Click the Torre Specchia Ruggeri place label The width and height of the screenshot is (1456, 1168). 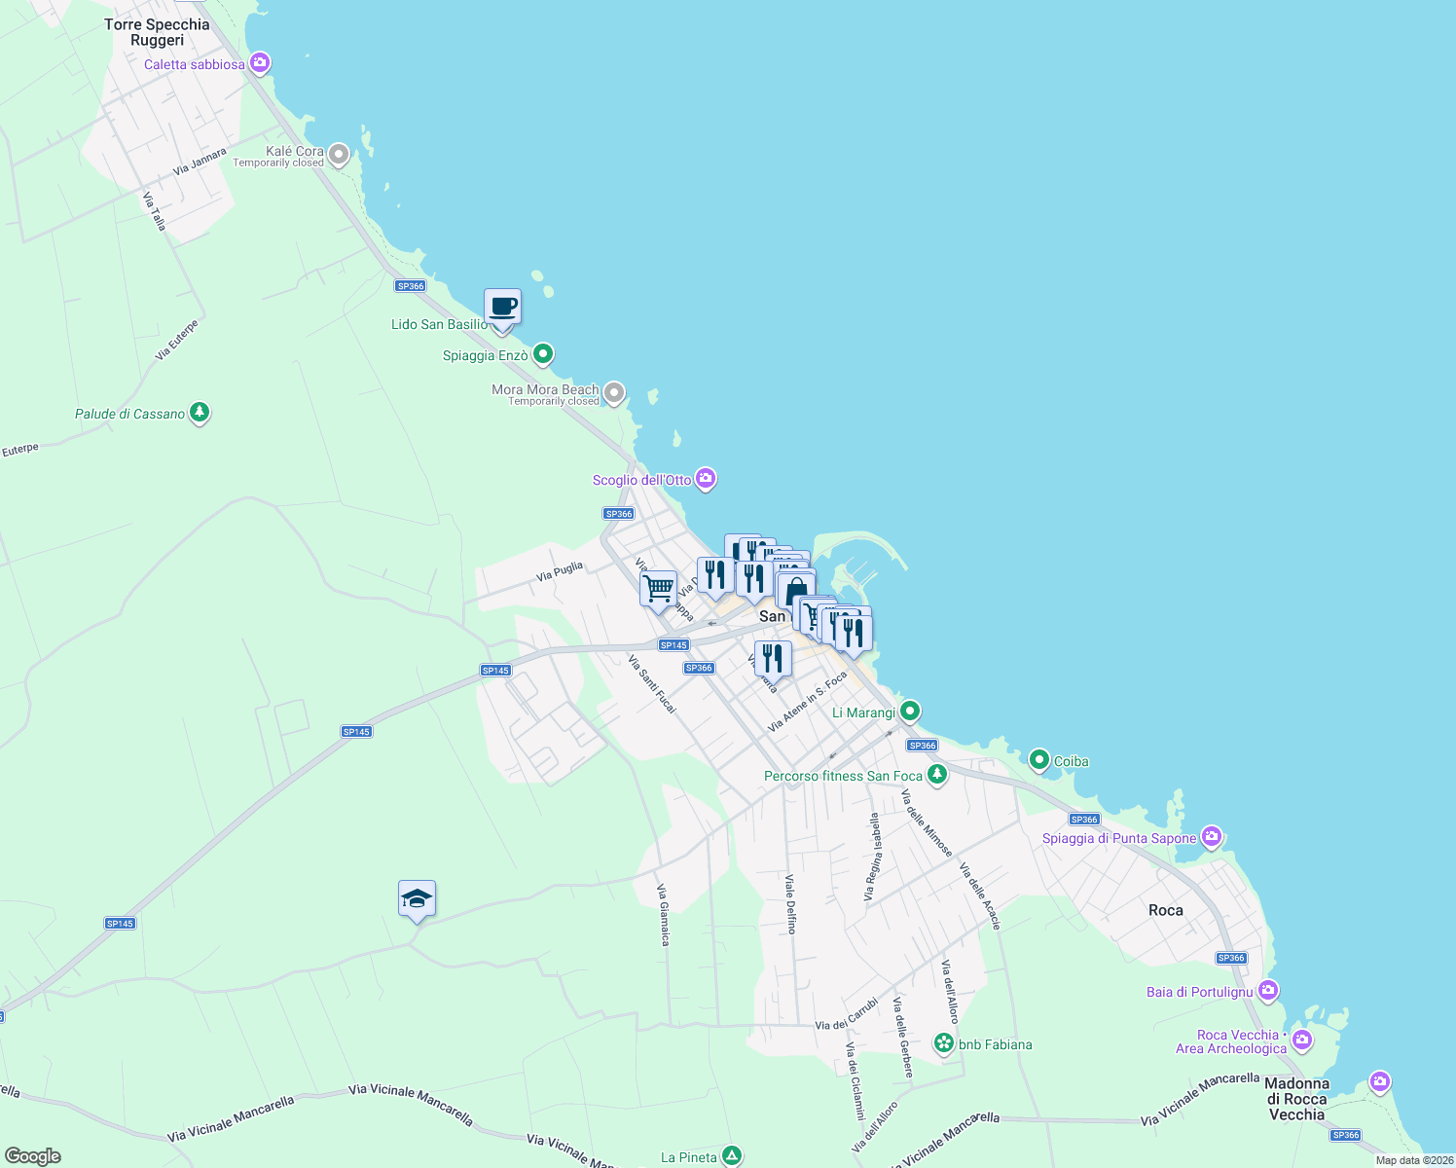(157, 32)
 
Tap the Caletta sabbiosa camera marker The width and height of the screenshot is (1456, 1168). (259, 64)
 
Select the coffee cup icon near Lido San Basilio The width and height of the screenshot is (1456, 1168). (502, 308)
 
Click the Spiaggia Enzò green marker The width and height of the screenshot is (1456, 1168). (543, 354)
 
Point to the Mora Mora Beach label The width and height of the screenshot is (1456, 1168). (545, 390)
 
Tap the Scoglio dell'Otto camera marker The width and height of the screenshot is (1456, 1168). (707, 479)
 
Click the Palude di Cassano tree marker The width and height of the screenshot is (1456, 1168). (200, 414)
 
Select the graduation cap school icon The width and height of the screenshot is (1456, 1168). (417, 899)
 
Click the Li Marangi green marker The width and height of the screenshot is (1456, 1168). (910, 712)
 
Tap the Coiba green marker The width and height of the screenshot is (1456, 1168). (1038, 760)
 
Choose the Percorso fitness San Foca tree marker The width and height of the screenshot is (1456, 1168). (936, 775)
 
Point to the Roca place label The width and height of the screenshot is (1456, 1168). (1165, 910)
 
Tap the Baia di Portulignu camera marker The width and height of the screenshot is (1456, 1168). (1267, 991)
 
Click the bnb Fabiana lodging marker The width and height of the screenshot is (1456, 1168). (943, 1043)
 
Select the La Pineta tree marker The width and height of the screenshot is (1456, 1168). (732, 1156)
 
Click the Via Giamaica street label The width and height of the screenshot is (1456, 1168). (663, 914)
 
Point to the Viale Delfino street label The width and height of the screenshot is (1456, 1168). (791, 904)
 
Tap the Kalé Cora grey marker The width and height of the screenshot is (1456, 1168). (339, 154)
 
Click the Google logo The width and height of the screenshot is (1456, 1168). (33, 1156)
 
